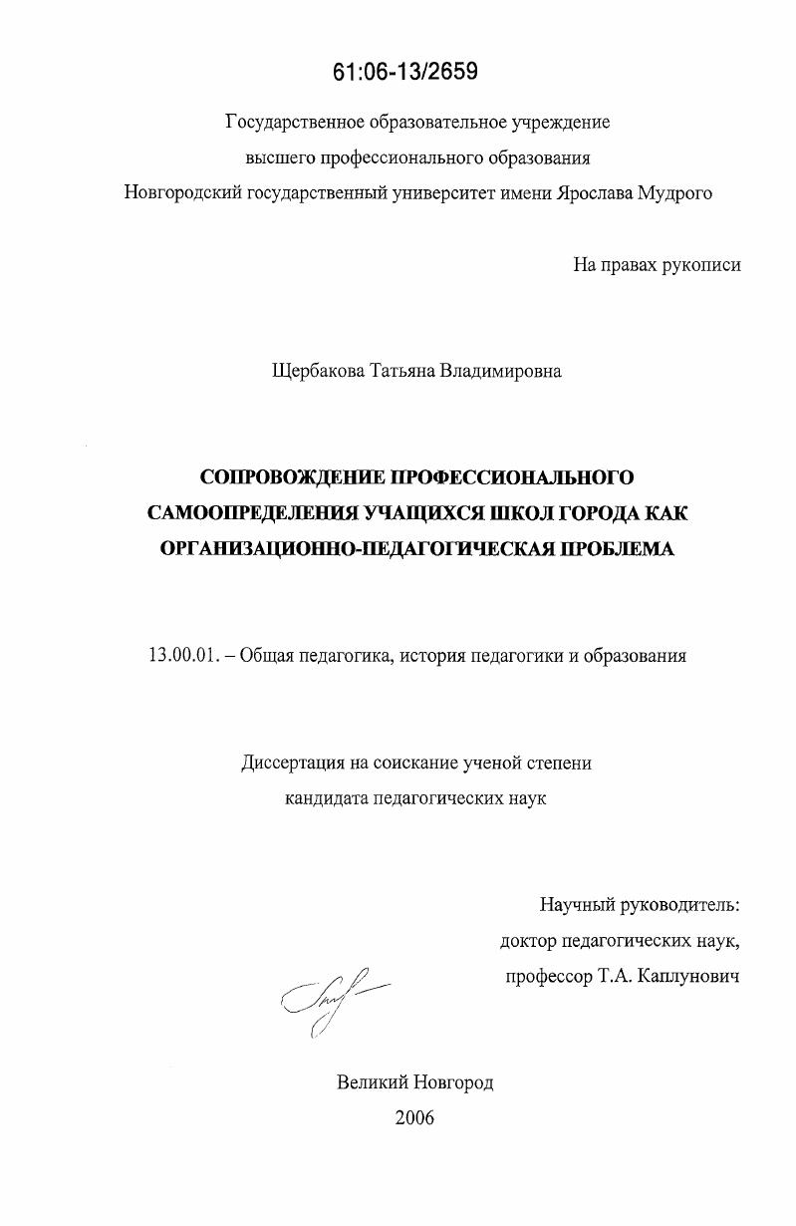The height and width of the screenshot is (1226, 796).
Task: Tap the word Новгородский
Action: click(x=185, y=193)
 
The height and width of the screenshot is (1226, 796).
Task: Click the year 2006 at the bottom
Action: click(x=414, y=1117)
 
